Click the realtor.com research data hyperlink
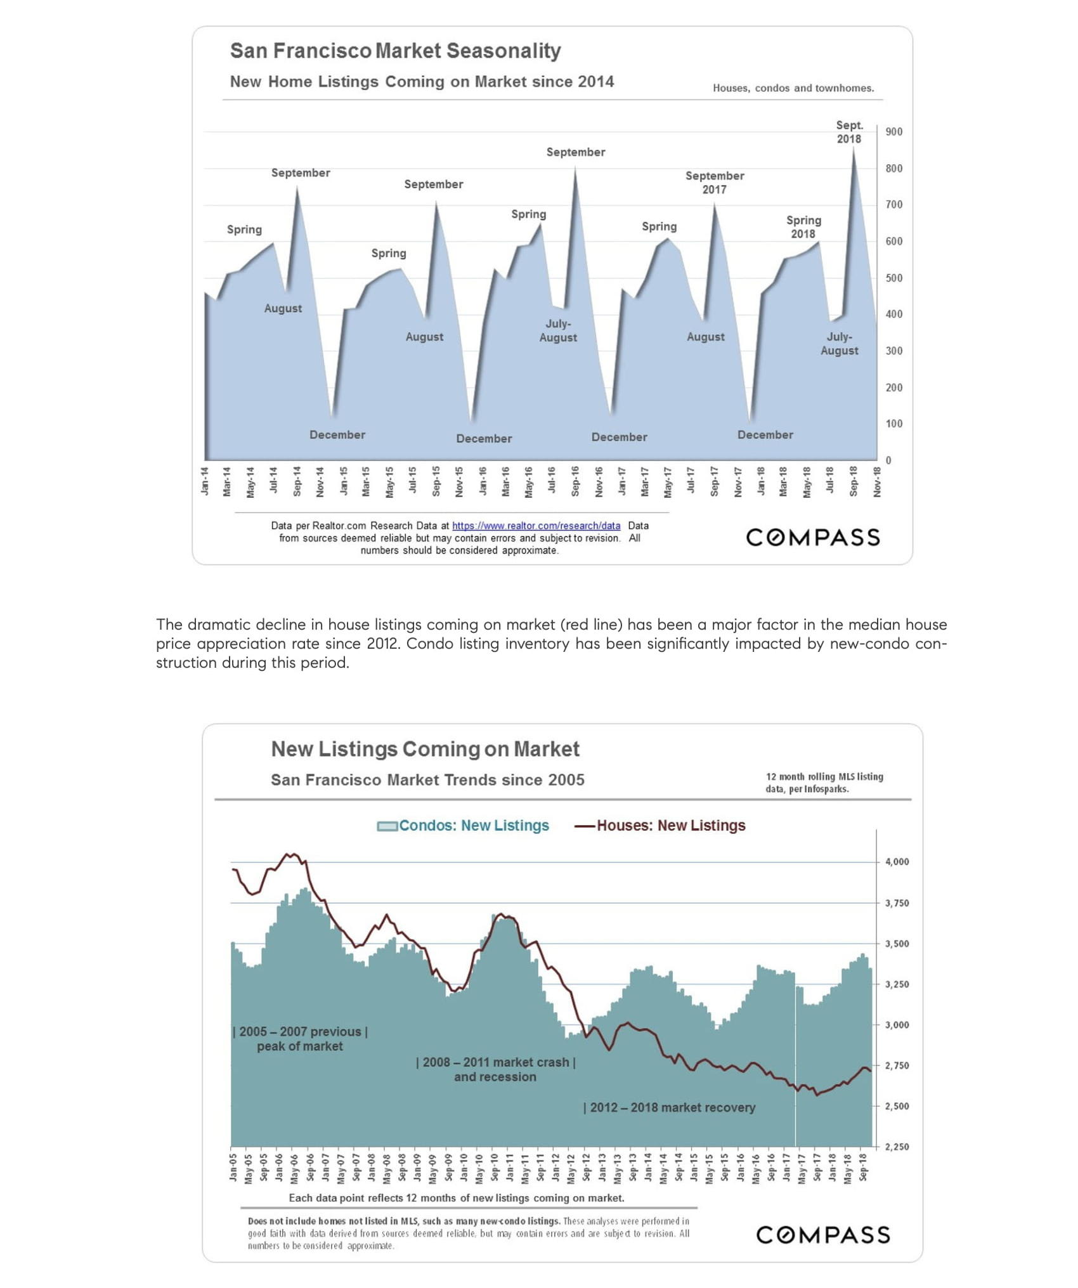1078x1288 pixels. [536, 526]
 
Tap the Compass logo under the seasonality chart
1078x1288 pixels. [812, 537]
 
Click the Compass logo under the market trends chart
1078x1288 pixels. [822, 1234]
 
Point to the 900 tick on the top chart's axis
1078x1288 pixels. [893, 132]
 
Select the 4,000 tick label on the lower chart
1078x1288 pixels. [897, 861]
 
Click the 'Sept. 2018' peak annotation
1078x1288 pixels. [848, 132]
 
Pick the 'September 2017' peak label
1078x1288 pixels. [714, 182]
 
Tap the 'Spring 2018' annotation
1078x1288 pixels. [803, 226]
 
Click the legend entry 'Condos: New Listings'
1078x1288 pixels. [473, 825]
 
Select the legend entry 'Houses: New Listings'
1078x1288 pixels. [670, 825]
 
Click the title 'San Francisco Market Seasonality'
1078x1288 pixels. [395, 51]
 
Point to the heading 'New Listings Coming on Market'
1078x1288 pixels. [425, 749]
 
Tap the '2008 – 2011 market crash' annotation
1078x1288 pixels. [495, 1069]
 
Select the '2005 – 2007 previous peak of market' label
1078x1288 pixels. [300, 1039]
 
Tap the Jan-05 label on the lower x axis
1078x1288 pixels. [233, 1167]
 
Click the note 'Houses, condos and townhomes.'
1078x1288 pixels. [793, 88]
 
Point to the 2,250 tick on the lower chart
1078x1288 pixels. [897, 1147]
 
